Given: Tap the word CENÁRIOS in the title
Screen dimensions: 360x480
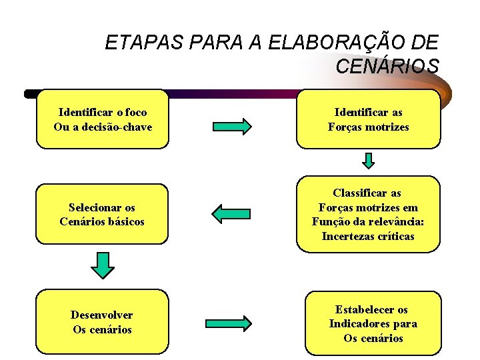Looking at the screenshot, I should click(387, 67).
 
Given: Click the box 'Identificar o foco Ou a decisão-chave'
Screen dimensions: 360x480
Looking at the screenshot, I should click(103, 119).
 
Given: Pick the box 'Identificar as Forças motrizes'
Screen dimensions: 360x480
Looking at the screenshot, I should click(368, 119).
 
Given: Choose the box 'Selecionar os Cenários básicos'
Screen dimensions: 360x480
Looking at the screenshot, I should click(102, 214).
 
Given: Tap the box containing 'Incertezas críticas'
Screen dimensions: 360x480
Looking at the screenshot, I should click(368, 214).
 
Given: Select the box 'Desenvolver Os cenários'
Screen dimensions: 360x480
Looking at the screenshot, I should click(102, 322).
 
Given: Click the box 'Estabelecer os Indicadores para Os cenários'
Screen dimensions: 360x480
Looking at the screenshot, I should click(373, 323).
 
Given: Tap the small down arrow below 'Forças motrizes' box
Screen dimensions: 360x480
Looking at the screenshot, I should click(369, 161).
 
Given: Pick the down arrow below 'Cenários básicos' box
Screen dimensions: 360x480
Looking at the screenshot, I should click(102, 265).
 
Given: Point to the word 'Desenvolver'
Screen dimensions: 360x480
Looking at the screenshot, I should click(102, 315).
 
